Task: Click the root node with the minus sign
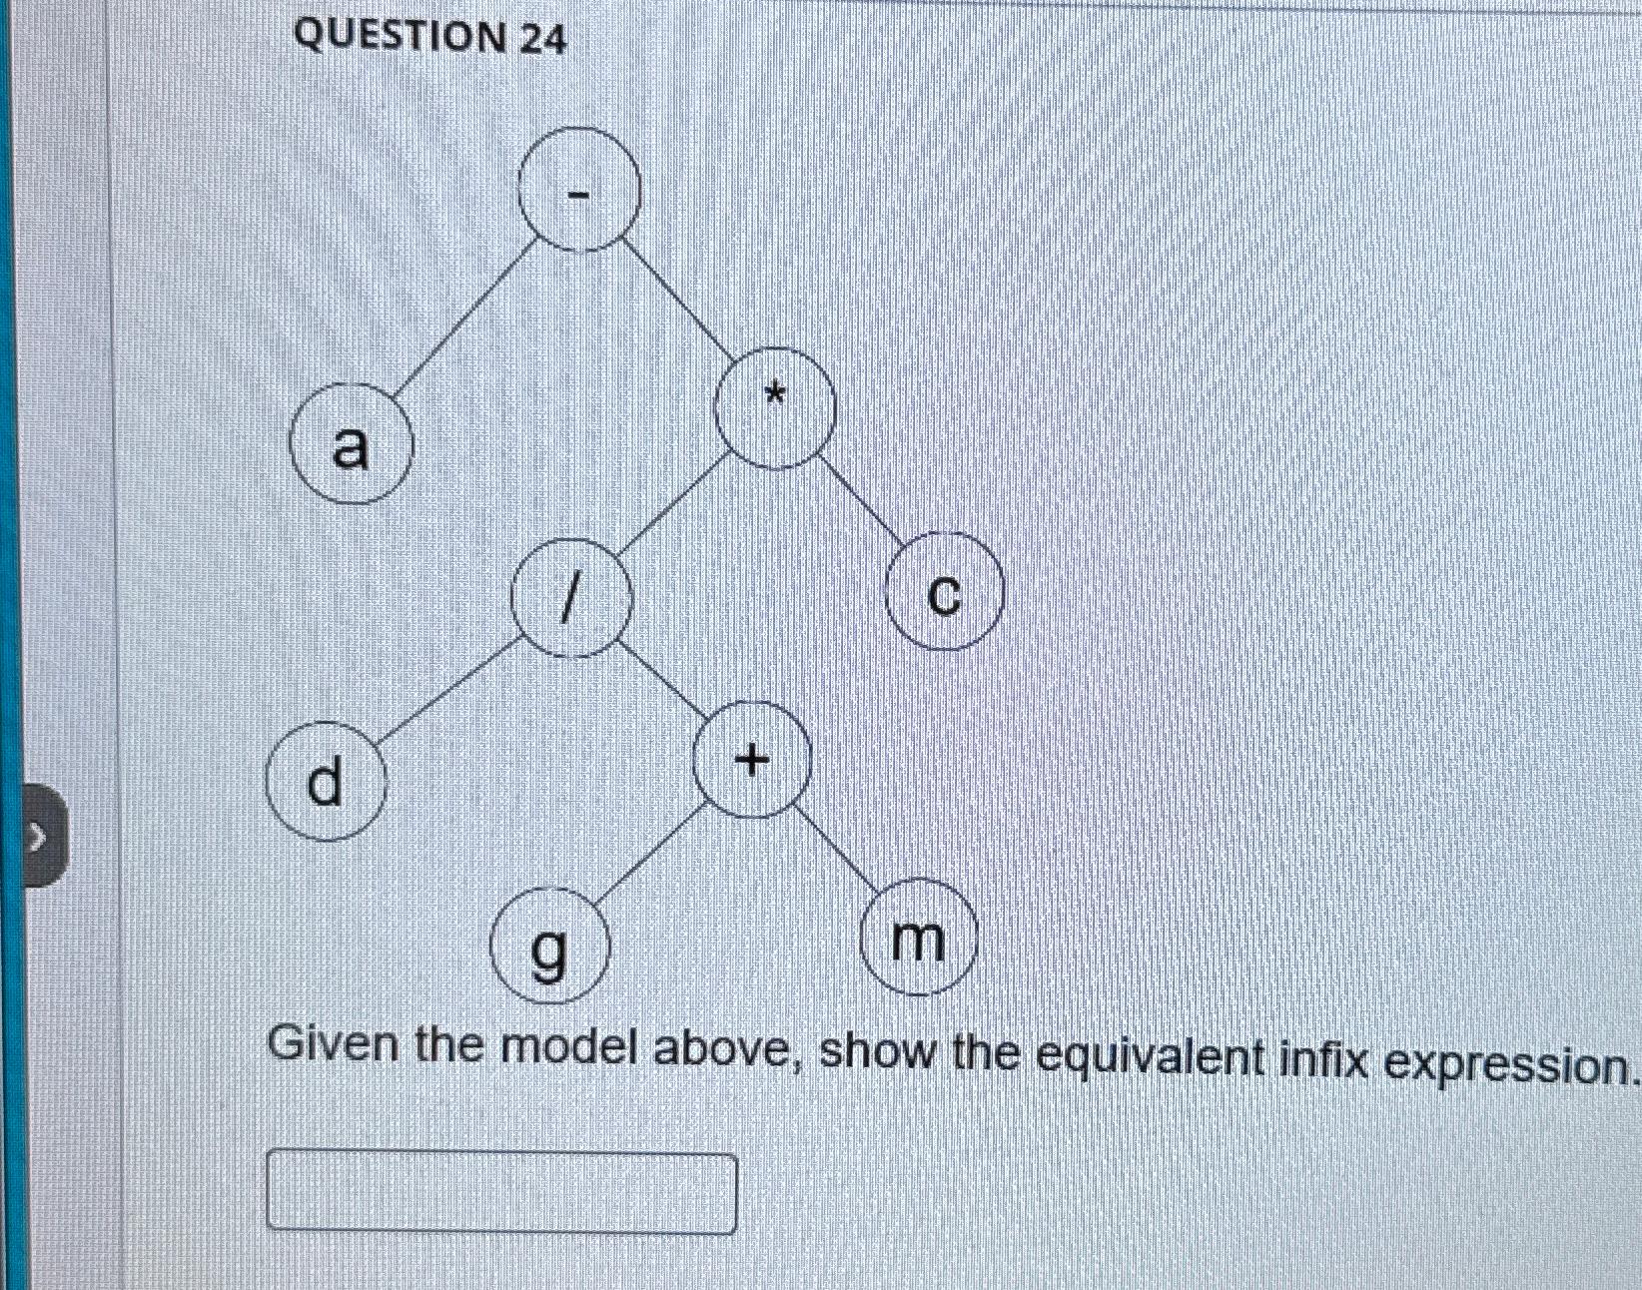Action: [x=578, y=189]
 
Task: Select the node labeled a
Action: [x=351, y=447]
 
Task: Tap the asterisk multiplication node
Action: [x=776, y=408]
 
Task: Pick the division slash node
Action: [x=572, y=598]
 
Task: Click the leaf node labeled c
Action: [x=944, y=593]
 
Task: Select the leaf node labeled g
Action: [x=548, y=950]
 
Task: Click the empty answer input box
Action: [x=501, y=1192]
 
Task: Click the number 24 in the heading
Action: [x=542, y=39]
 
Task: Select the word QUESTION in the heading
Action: [x=401, y=37]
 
